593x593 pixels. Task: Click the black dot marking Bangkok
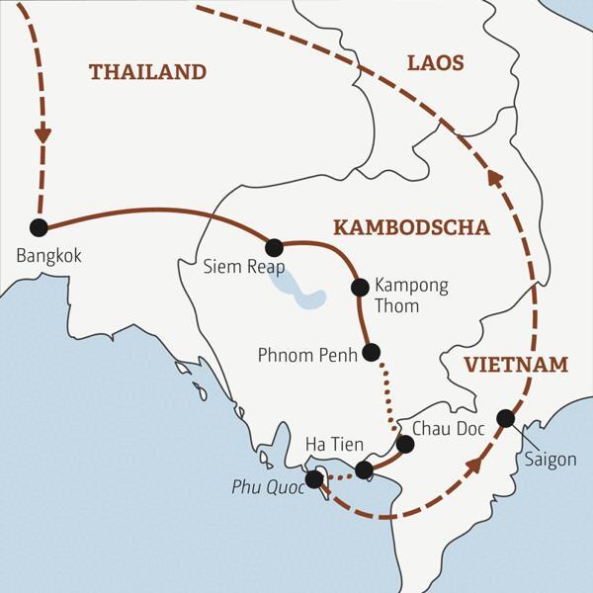tap(39, 227)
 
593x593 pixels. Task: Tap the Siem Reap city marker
tap(275, 247)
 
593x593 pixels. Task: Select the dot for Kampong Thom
tap(360, 288)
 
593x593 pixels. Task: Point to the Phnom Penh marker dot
tap(372, 352)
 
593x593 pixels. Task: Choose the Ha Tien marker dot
tap(364, 469)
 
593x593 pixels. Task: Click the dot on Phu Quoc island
tap(314, 479)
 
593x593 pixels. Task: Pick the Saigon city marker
tap(505, 418)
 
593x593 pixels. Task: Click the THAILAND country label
tap(147, 72)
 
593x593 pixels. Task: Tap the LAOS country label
tap(435, 63)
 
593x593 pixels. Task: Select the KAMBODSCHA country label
tap(411, 227)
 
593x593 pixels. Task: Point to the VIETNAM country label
tap(517, 365)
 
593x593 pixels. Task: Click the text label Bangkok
tap(49, 256)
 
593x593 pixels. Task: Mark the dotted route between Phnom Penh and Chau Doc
tap(384, 395)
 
